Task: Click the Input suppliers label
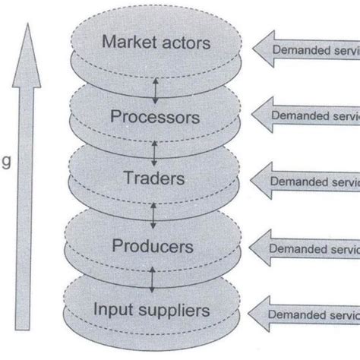click(x=151, y=310)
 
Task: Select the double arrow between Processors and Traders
click(x=154, y=152)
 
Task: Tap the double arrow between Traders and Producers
click(x=154, y=215)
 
